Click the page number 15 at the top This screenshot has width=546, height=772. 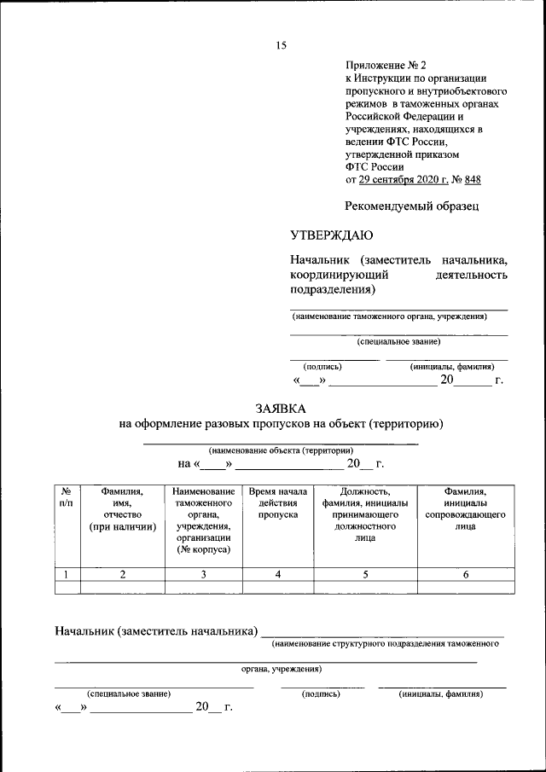281,46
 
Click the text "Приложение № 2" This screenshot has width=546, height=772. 384,65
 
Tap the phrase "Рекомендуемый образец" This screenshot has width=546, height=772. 412,206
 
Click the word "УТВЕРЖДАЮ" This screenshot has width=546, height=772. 331,235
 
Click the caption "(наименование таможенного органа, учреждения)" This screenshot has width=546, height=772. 389,316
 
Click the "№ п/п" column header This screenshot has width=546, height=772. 67,497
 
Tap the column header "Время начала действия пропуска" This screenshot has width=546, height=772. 278,503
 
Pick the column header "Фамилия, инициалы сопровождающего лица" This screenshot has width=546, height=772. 465,509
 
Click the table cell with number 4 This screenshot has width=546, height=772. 278,574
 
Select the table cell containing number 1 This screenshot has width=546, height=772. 67,574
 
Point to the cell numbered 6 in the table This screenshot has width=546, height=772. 465,574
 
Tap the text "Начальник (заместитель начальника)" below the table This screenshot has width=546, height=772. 156,631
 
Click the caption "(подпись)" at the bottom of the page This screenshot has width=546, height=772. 322,694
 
